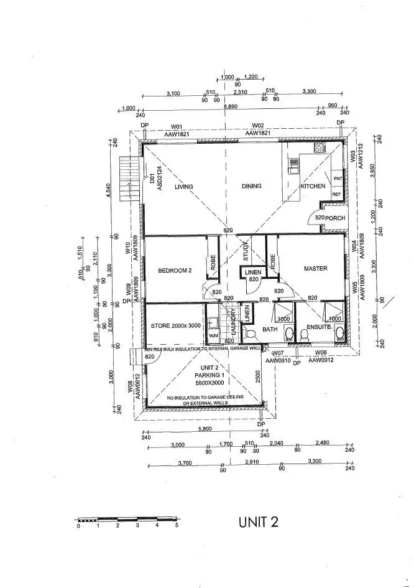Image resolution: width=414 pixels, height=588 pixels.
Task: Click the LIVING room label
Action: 184,187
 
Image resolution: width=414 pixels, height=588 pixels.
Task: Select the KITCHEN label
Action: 313,187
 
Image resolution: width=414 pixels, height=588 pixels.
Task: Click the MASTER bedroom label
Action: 315,269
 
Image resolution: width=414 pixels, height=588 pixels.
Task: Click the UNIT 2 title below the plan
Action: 258,523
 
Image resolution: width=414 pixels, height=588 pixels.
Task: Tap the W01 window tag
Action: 177,126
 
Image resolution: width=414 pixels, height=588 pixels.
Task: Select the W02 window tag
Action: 259,126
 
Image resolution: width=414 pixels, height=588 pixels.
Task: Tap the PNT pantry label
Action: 338,179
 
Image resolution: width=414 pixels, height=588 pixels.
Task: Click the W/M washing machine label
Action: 213,334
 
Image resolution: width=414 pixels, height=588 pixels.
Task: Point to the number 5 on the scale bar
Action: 177,526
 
